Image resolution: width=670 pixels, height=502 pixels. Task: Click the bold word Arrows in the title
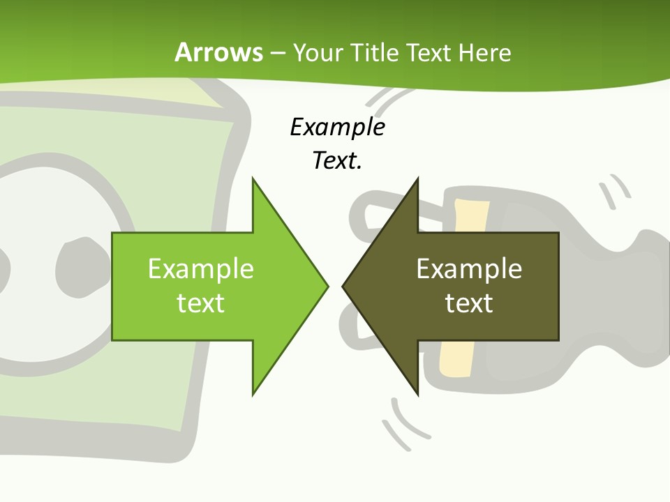click(x=219, y=52)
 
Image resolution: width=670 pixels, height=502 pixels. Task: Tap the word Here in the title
click(x=484, y=52)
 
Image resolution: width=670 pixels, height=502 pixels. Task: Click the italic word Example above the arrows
click(x=337, y=127)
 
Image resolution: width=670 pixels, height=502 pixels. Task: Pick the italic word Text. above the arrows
click(x=337, y=161)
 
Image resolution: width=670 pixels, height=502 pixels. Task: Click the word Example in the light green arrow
click(x=201, y=268)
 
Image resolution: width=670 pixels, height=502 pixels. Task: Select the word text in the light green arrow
click(x=201, y=303)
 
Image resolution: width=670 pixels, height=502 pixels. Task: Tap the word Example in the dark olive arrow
click(x=469, y=268)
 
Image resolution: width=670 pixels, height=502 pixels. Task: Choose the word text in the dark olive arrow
click(x=469, y=303)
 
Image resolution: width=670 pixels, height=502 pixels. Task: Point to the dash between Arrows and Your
click(x=277, y=53)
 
